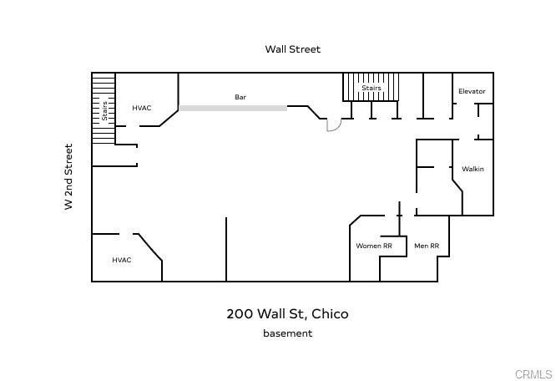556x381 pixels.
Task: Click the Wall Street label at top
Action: (292, 49)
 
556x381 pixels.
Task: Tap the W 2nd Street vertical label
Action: (69, 176)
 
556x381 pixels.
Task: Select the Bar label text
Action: (240, 98)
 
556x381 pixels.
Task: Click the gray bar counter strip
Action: (233, 108)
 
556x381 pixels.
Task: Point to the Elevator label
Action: (472, 91)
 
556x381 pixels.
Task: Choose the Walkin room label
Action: (473, 170)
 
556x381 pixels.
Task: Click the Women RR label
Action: (373, 246)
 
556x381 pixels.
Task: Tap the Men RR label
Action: (427, 246)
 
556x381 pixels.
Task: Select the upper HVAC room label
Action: (141, 108)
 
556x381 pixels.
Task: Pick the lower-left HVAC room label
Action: (122, 260)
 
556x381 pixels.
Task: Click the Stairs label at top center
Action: (372, 88)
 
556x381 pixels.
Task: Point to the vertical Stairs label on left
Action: (104, 110)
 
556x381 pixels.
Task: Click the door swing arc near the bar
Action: (334, 125)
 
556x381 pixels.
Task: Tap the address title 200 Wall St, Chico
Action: (287, 314)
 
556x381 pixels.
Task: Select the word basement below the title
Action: (287, 333)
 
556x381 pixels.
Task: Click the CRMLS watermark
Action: (533, 373)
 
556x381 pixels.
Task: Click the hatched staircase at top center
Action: (372, 87)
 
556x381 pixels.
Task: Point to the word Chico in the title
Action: (330, 314)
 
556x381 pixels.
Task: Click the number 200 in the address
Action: (238, 314)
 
